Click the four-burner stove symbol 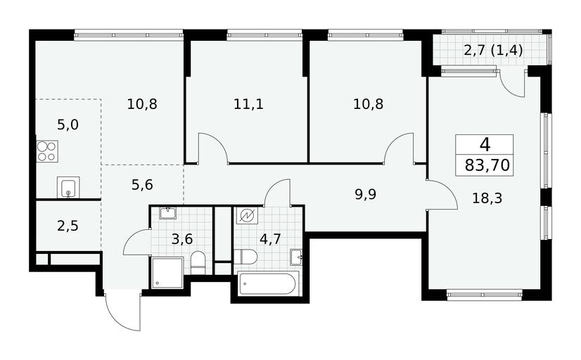[x=47, y=151]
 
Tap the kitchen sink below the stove [x=68, y=188]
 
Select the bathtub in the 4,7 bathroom [x=268, y=284]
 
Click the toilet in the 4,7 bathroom [x=245, y=257]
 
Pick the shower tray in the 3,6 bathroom [x=167, y=273]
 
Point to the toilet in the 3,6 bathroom [x=198, y=263]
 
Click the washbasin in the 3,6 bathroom [x=169, y=213]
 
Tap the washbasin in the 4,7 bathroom [x=296, y=257]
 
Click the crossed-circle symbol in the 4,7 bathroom [x=247, y=216]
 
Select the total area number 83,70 [x=487, y=165]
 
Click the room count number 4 [x=485, y=144]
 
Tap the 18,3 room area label [x=487, y=198]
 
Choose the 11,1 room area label [x=248, y=105]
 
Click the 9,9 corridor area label [x=365, y=195]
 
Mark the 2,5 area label [x=68, y=226]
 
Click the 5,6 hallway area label [x=142, y=184]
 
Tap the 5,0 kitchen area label [x=68, y=125]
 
